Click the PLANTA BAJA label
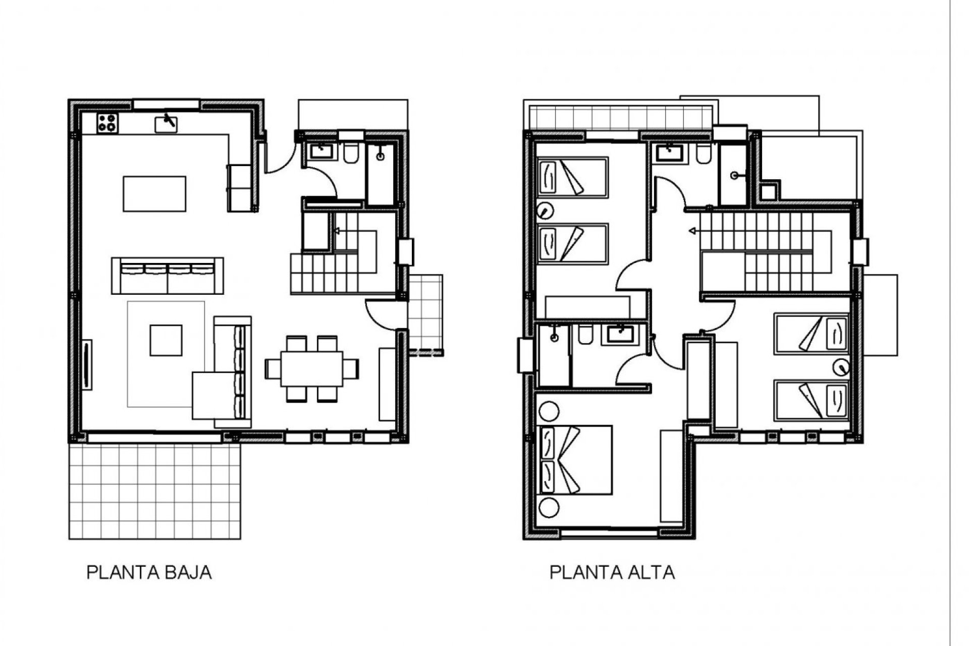tap(149, 573)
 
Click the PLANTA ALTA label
tap(612, 573)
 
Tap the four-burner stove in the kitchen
tap(107, 123)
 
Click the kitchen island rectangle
tap(154, 194)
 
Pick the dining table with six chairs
tap(311, 369)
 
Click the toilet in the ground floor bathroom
tap(350, 154)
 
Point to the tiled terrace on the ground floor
tap(154, 491)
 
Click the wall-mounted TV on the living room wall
tap(88, 364)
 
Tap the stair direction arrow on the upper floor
tap(693, 232)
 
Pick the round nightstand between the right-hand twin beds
tap(841, 367)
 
